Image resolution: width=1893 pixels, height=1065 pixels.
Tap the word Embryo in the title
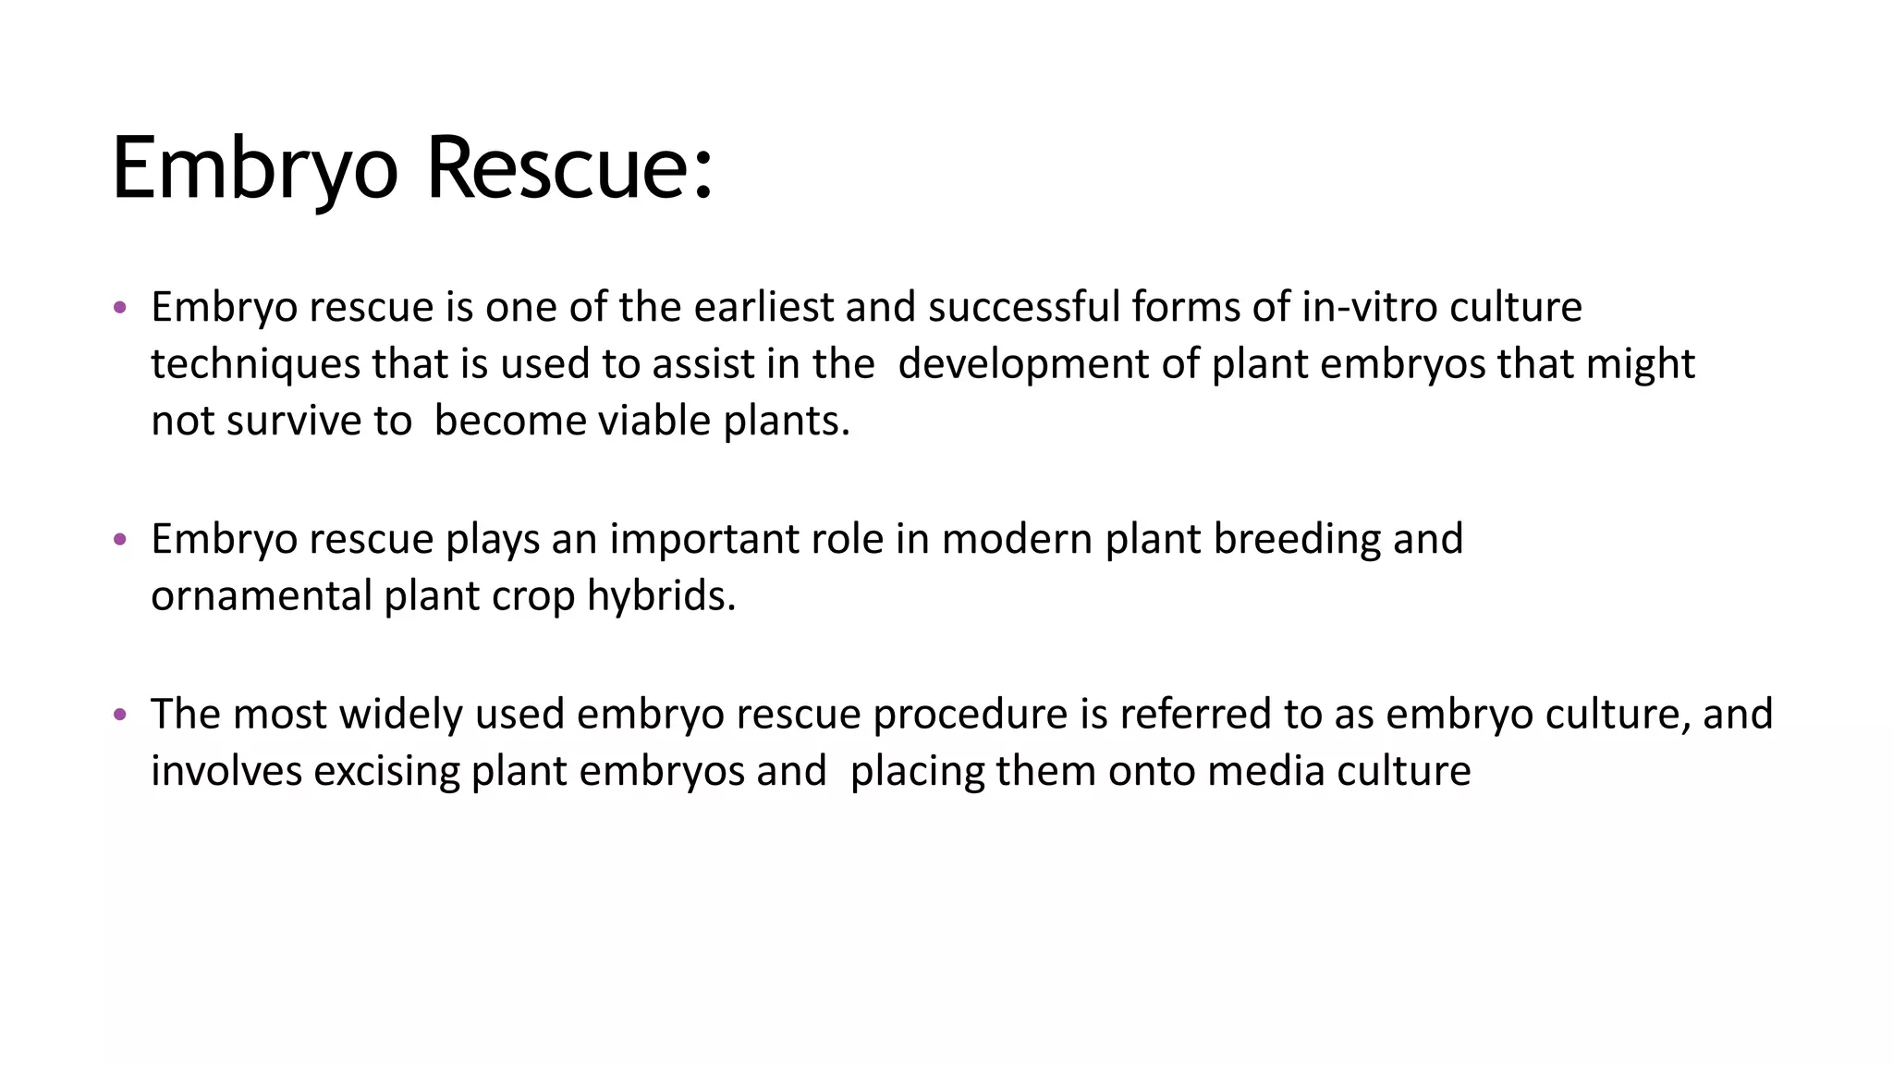point(255,168)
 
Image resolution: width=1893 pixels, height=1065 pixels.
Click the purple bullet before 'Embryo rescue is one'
point(119,307)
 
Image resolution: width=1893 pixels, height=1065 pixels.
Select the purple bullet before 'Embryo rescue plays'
point(119,539)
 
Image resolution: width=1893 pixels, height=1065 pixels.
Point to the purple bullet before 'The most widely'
point(119,714)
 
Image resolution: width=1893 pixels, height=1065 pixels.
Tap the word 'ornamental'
point(262,596)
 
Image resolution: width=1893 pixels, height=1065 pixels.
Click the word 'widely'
point(400,715)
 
